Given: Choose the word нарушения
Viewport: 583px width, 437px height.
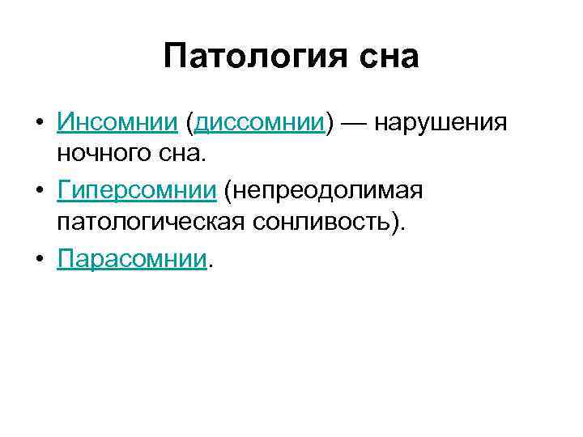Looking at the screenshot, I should coord(443,124).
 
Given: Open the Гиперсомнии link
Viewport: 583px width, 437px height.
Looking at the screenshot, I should coord(137,191).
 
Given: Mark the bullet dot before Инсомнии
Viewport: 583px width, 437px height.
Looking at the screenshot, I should coord(39,124).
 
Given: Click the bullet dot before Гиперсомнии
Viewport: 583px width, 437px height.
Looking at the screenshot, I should coord(39,192).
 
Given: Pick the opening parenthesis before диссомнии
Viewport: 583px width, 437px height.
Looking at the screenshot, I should coord(189,124).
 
